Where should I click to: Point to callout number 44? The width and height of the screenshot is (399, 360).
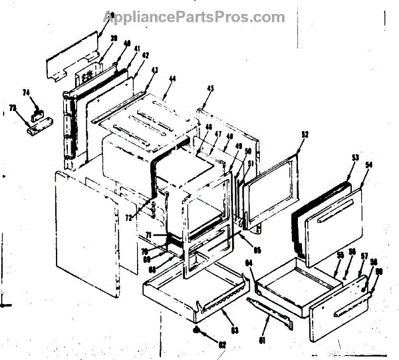click(172, 79)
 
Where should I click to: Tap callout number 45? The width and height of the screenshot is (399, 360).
click(209, 89)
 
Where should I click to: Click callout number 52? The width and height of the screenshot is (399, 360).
click(305, 134)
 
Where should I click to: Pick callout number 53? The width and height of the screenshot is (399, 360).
click(354, 157)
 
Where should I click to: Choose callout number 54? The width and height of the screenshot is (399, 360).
click(368, 163)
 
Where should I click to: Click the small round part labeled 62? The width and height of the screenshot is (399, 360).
click(198, 331)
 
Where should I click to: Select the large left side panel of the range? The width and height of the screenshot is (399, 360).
click(86, 233)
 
